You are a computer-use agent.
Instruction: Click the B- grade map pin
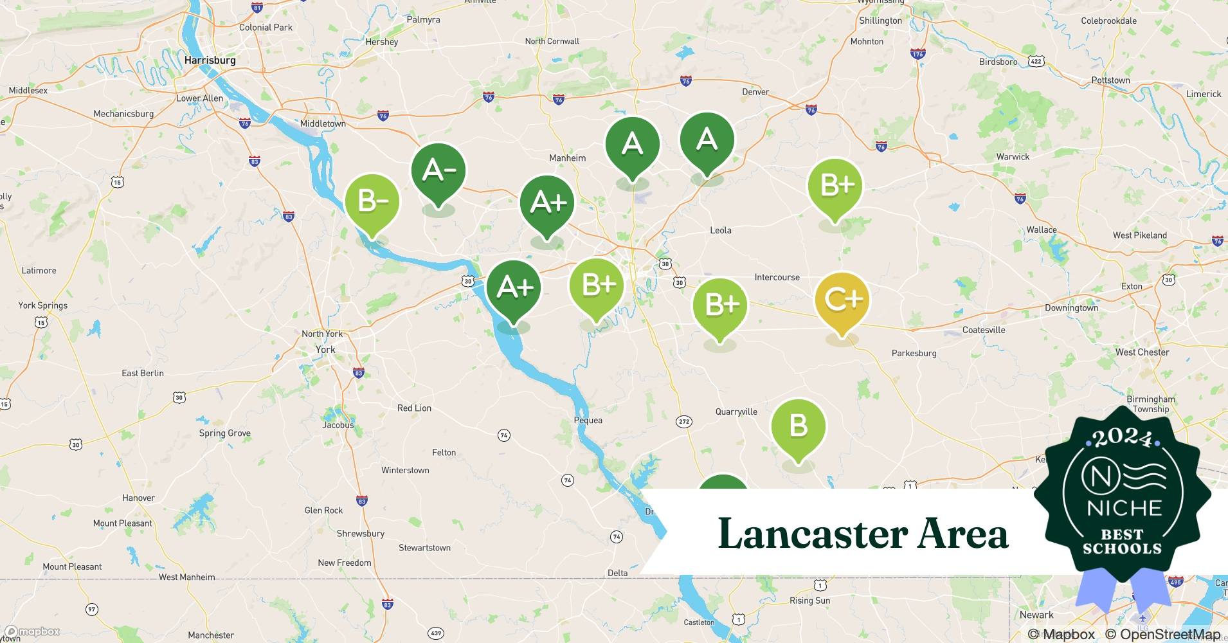(372, 201)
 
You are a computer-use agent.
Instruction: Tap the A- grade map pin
(438, 171)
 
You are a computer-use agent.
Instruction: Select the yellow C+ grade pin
(842, 300)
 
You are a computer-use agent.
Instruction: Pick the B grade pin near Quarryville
(798, 426)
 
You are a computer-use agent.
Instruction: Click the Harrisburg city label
(210, 60)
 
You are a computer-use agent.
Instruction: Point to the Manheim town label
(567, 158)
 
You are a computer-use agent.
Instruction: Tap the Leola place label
(720, 230)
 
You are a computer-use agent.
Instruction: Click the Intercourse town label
(777, 277)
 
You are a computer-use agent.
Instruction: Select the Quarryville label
(736, 412)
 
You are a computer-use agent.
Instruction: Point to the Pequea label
(588, 421)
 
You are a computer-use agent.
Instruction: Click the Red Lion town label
(414, 408)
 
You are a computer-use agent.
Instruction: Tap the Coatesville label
(983, 330)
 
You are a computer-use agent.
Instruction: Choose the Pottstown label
(1110, 80)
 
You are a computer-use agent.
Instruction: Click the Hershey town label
(381, 42)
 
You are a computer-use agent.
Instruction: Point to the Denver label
(755, 92)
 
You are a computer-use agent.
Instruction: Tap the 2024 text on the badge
(1123, 438)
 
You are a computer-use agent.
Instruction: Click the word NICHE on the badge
(1124, 508)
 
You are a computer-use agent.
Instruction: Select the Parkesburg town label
(914, 353)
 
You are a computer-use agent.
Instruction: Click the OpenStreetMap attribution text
(1162, 635)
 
